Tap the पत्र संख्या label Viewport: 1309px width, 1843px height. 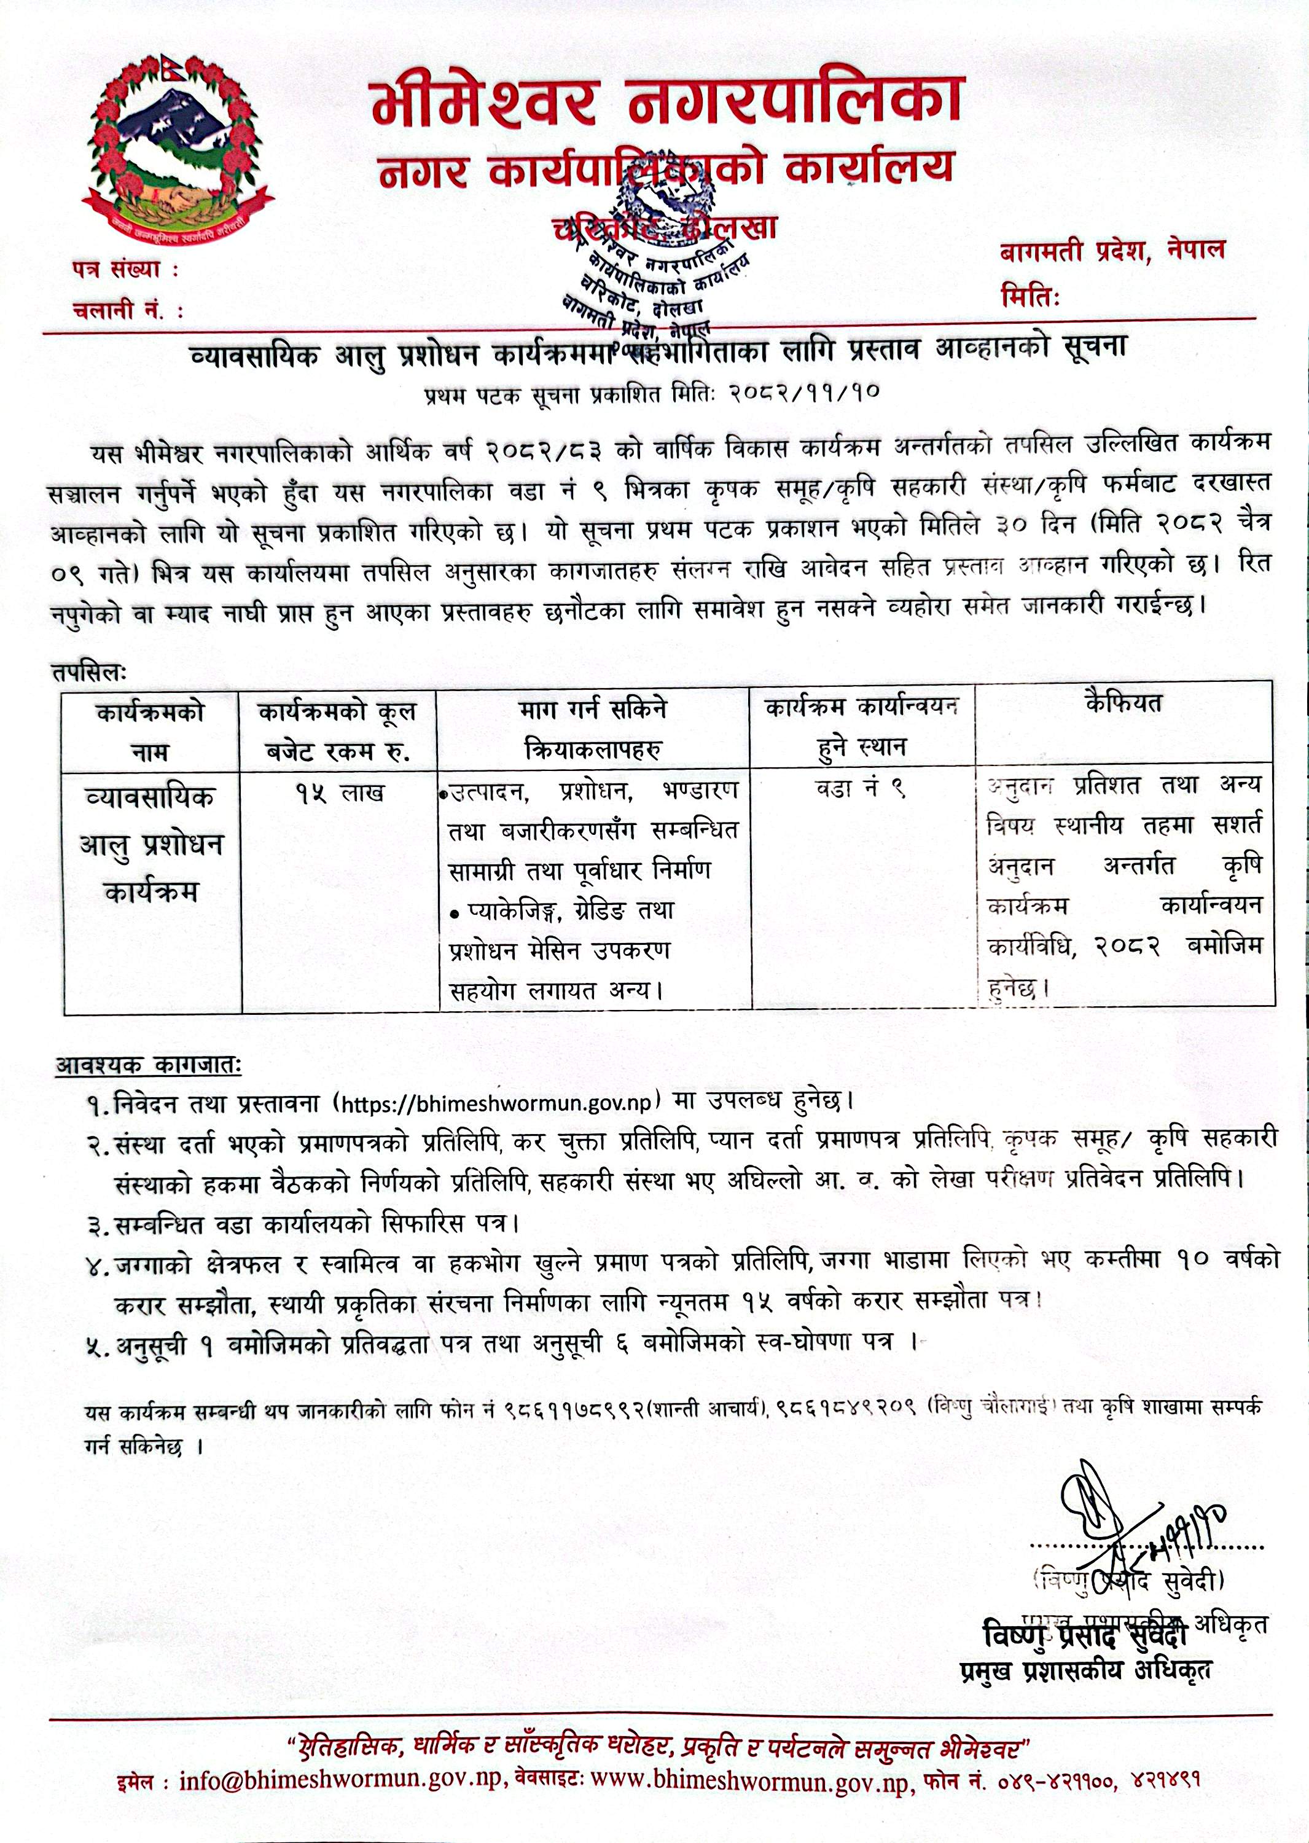(x=124, y=271)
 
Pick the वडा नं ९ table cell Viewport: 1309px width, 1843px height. (x=861, y=790)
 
